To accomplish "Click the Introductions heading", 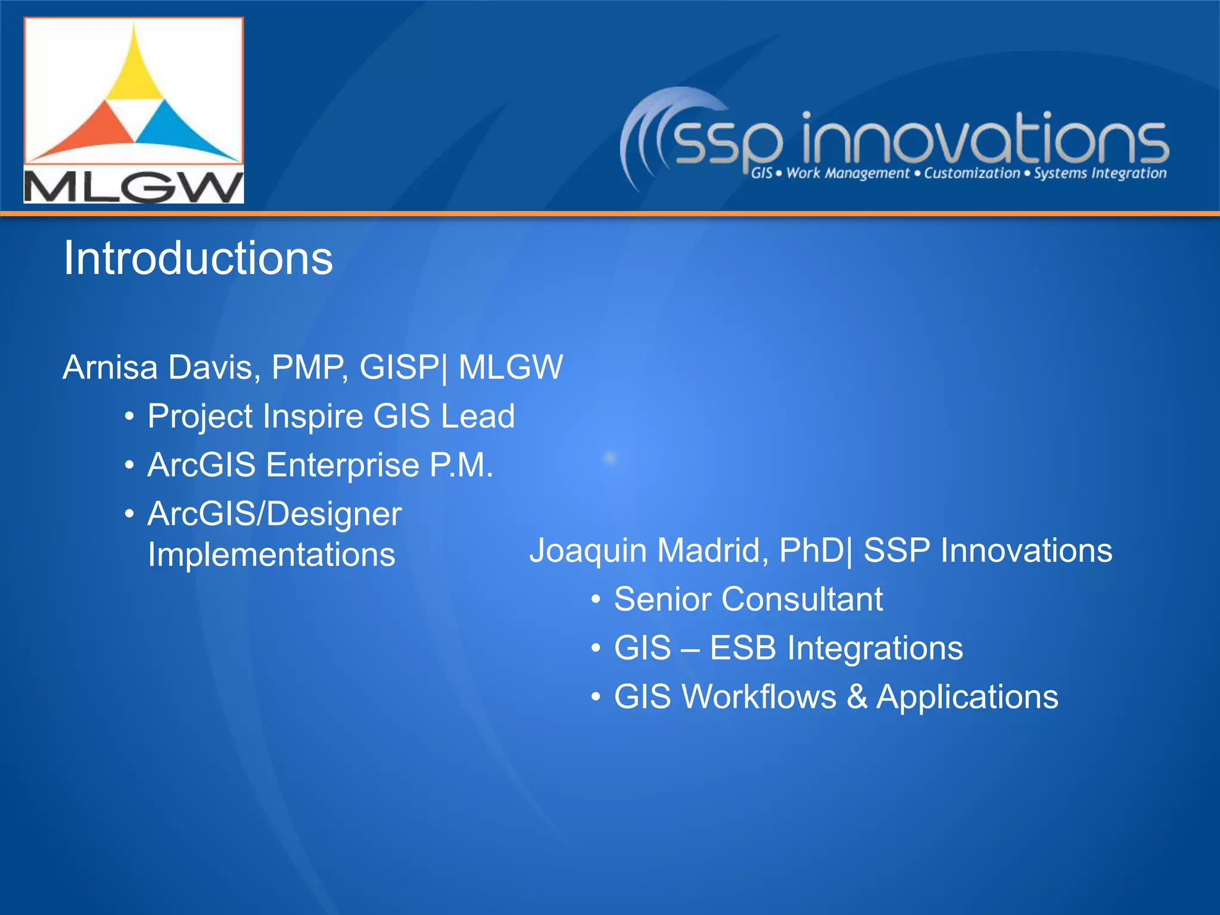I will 198,259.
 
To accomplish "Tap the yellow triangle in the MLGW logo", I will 135,74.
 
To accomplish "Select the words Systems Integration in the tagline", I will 1100,173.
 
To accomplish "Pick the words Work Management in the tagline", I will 848,173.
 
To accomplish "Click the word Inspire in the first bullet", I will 313,416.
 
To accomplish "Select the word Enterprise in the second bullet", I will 343,465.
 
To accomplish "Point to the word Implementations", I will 271,555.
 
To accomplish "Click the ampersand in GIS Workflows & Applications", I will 857,696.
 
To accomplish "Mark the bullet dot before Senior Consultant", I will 596,599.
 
